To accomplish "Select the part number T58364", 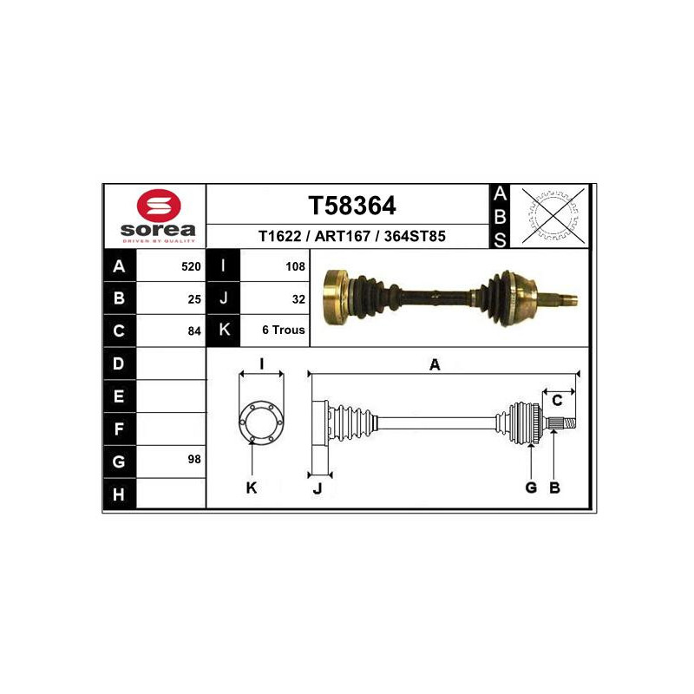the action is [352, 206].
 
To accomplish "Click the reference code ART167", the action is [342, 236].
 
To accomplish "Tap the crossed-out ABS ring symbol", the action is [553, 216].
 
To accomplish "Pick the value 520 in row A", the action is [191, 266].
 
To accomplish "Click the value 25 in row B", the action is [194, 299].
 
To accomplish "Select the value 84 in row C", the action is [194, 331].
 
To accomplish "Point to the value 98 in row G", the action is [194, 459].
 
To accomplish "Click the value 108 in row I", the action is [295, 266].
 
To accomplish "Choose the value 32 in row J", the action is [298, 299].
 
